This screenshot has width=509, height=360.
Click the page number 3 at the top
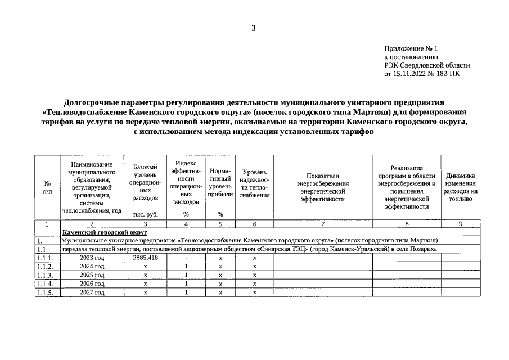[254, 29]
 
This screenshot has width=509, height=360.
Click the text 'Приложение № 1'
[411, 49]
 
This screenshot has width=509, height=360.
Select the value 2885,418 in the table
[145, 258]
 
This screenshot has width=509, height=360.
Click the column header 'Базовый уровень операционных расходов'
[145, 182]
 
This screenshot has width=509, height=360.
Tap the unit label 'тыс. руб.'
[145, 214]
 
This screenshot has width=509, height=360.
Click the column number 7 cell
[323, 224]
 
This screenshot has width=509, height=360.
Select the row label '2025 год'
[92, 275]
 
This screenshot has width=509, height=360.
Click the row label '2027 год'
[92, 292]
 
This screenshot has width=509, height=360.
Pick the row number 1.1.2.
[44, 267]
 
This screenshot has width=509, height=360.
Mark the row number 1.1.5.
[44, 293]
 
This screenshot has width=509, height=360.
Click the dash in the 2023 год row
[186, 258]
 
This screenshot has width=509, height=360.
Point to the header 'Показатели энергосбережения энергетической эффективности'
[323, 187]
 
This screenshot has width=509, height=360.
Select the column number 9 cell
[461, 224]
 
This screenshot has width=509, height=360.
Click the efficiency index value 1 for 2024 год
[186, 267]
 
